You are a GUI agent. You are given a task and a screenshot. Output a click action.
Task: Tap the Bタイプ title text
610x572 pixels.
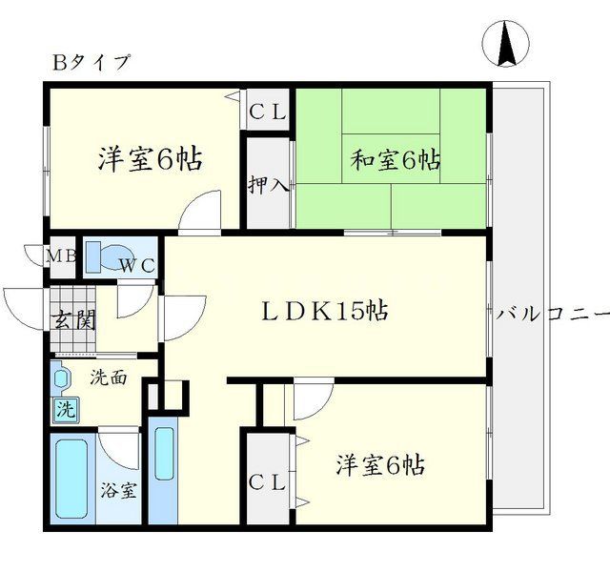91,63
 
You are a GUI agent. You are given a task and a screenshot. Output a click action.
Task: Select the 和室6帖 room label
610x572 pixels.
396,160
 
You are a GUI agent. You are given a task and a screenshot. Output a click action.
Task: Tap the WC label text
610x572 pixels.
137,266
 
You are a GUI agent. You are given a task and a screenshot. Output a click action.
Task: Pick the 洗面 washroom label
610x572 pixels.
108,378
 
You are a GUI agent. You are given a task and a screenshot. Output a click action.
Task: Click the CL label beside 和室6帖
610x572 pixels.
268,112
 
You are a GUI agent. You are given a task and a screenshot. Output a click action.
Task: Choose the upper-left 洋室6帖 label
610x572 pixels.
150,159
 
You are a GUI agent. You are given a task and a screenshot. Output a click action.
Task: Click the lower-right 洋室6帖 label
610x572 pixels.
379,465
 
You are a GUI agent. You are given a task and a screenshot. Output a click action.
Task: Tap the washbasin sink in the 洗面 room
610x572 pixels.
61,379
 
